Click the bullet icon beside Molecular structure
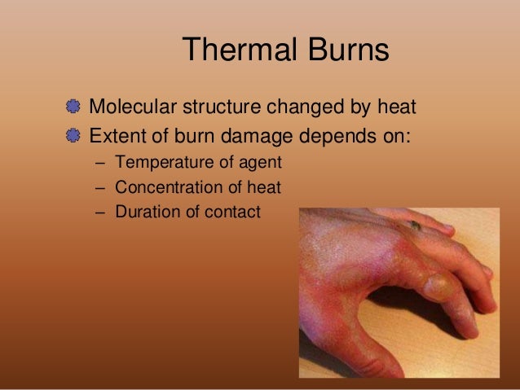coord(75,107)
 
